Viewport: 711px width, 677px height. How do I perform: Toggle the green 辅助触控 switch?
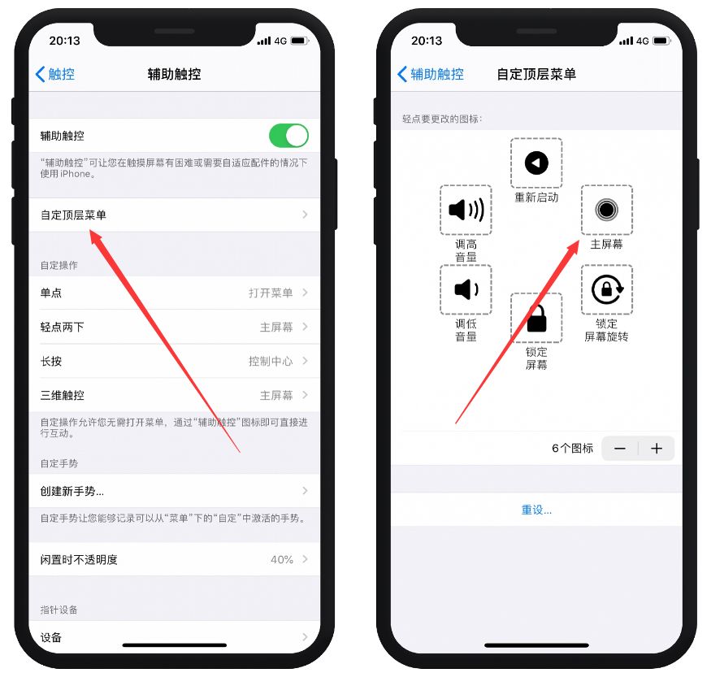pyautogui.click(x=288, y=136)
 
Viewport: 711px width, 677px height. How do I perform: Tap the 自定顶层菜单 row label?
pyautogui.click(x=73, y=215)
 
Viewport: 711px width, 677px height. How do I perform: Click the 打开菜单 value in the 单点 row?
pyautogui.click(x=271, y=293)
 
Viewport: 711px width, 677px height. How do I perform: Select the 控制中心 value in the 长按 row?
pyautogui.click(x=271, y=361)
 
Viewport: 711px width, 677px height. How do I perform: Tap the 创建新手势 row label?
pyautogui.click(x=72, y=491)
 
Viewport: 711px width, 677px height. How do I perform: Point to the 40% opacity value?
pyautogui.click(x=282, y=559)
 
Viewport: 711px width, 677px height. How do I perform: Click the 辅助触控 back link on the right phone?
pyautogui.click(x=430, y=74)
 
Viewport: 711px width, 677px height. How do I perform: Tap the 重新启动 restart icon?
pyautogui.click(x=536, y=163)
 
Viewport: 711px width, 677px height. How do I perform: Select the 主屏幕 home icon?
pyautogui.click(x=606, y=210)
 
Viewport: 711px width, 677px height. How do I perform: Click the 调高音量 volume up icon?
pyautogui.click(x=466, y=210)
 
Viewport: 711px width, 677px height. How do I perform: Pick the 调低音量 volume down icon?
pyautogui.click(x=466, y=289)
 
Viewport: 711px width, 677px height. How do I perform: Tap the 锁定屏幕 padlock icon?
pyautogui.click(x=536, y=319)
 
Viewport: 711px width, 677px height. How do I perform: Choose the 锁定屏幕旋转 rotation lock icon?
pyautogui.click(x=606, y=289)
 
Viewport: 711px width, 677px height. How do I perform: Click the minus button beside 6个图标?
pyautogui.click(x=620, y=449)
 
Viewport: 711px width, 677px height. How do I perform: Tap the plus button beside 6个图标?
pyautogui.click(x=657, y=449)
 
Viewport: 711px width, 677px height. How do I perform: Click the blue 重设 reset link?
pyautogui.click(x=536, y=510)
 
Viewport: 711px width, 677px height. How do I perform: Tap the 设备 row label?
pyautogui.click(x=51, y=637)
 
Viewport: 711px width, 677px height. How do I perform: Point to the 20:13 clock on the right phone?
pyautogui.click(x=427, y=40)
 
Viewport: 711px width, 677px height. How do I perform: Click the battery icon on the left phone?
pyautogui.click(x=299, y=40)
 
